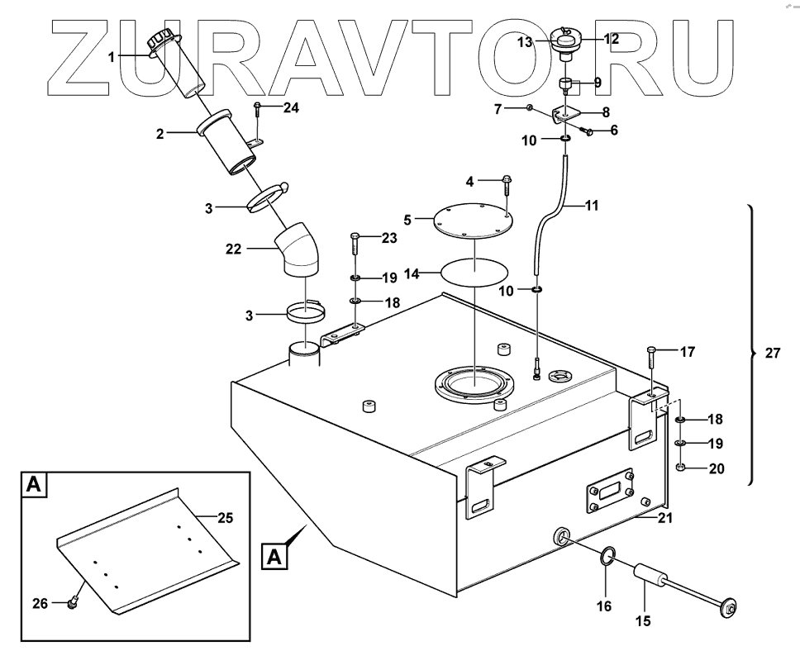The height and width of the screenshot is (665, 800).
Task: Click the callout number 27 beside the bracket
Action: pyautogui.click(x=773, y=353)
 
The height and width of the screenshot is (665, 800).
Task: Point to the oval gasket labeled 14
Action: pyautogui.click(x=475, y=271)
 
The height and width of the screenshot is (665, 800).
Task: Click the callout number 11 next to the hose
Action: pyautogui.click(x=592, y=205)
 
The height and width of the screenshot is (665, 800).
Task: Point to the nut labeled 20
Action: pyautogui.click(x=680, y=468)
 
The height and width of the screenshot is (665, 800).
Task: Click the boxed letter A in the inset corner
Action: pyautogui.click(x=33, y=485)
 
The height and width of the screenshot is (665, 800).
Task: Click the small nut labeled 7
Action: pyautogui.click(x=529, y=108)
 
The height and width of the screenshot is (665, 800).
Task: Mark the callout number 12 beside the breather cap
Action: pyautogui.click(x=610, y=38)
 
